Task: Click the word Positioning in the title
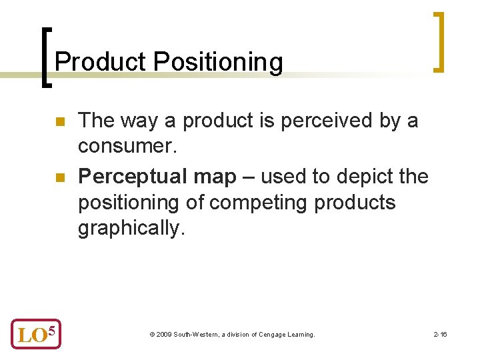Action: [x=218, y=62]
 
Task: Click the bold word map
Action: [x=215, y=177]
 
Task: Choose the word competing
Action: [x=261, y=202]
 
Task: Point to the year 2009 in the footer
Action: [x=163, y=334]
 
